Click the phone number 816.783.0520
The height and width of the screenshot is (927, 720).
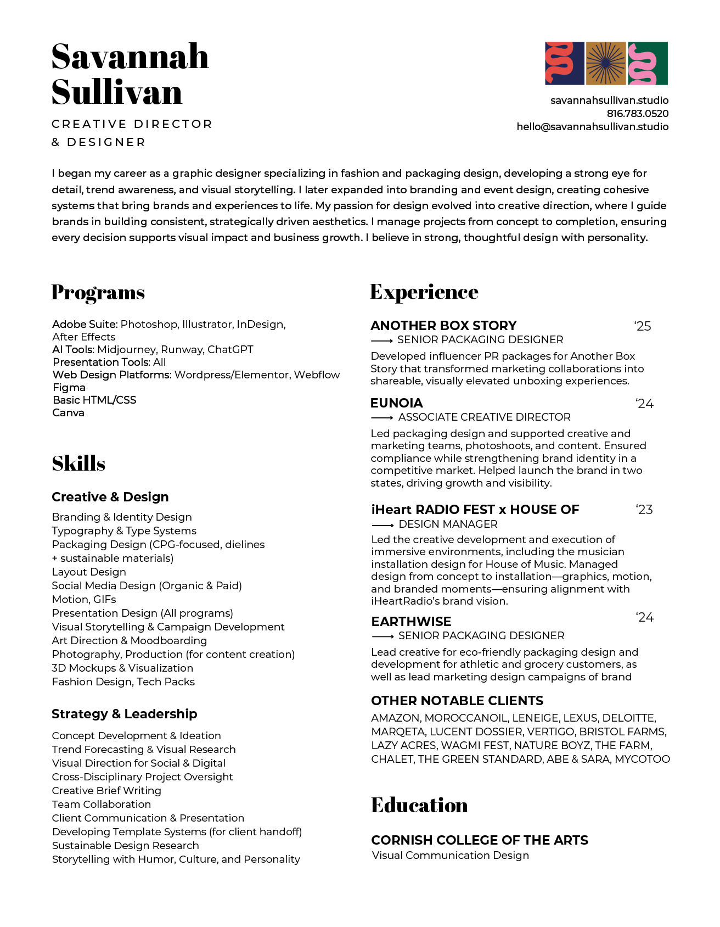637,114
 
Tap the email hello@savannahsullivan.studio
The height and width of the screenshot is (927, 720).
592,127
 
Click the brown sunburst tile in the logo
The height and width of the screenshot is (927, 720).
606,63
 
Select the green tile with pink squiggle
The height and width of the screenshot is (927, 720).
648,63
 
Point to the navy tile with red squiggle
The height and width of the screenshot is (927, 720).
564,63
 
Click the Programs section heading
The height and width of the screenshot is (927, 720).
98,292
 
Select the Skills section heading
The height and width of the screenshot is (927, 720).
78,463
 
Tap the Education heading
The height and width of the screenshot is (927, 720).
419,805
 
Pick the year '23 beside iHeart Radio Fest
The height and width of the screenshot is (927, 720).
644,510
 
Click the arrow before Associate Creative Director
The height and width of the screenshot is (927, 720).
382,418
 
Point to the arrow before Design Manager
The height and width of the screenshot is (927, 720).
383,525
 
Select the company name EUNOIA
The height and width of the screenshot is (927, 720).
396,403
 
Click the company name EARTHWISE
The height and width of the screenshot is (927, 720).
411,622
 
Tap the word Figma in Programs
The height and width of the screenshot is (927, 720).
69,387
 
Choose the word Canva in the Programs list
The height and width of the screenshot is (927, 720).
68,412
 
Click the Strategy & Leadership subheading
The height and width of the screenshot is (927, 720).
124,714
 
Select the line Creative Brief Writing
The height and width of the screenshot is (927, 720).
106,790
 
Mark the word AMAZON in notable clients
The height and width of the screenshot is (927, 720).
395,718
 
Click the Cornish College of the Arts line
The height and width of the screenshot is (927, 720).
479,840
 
